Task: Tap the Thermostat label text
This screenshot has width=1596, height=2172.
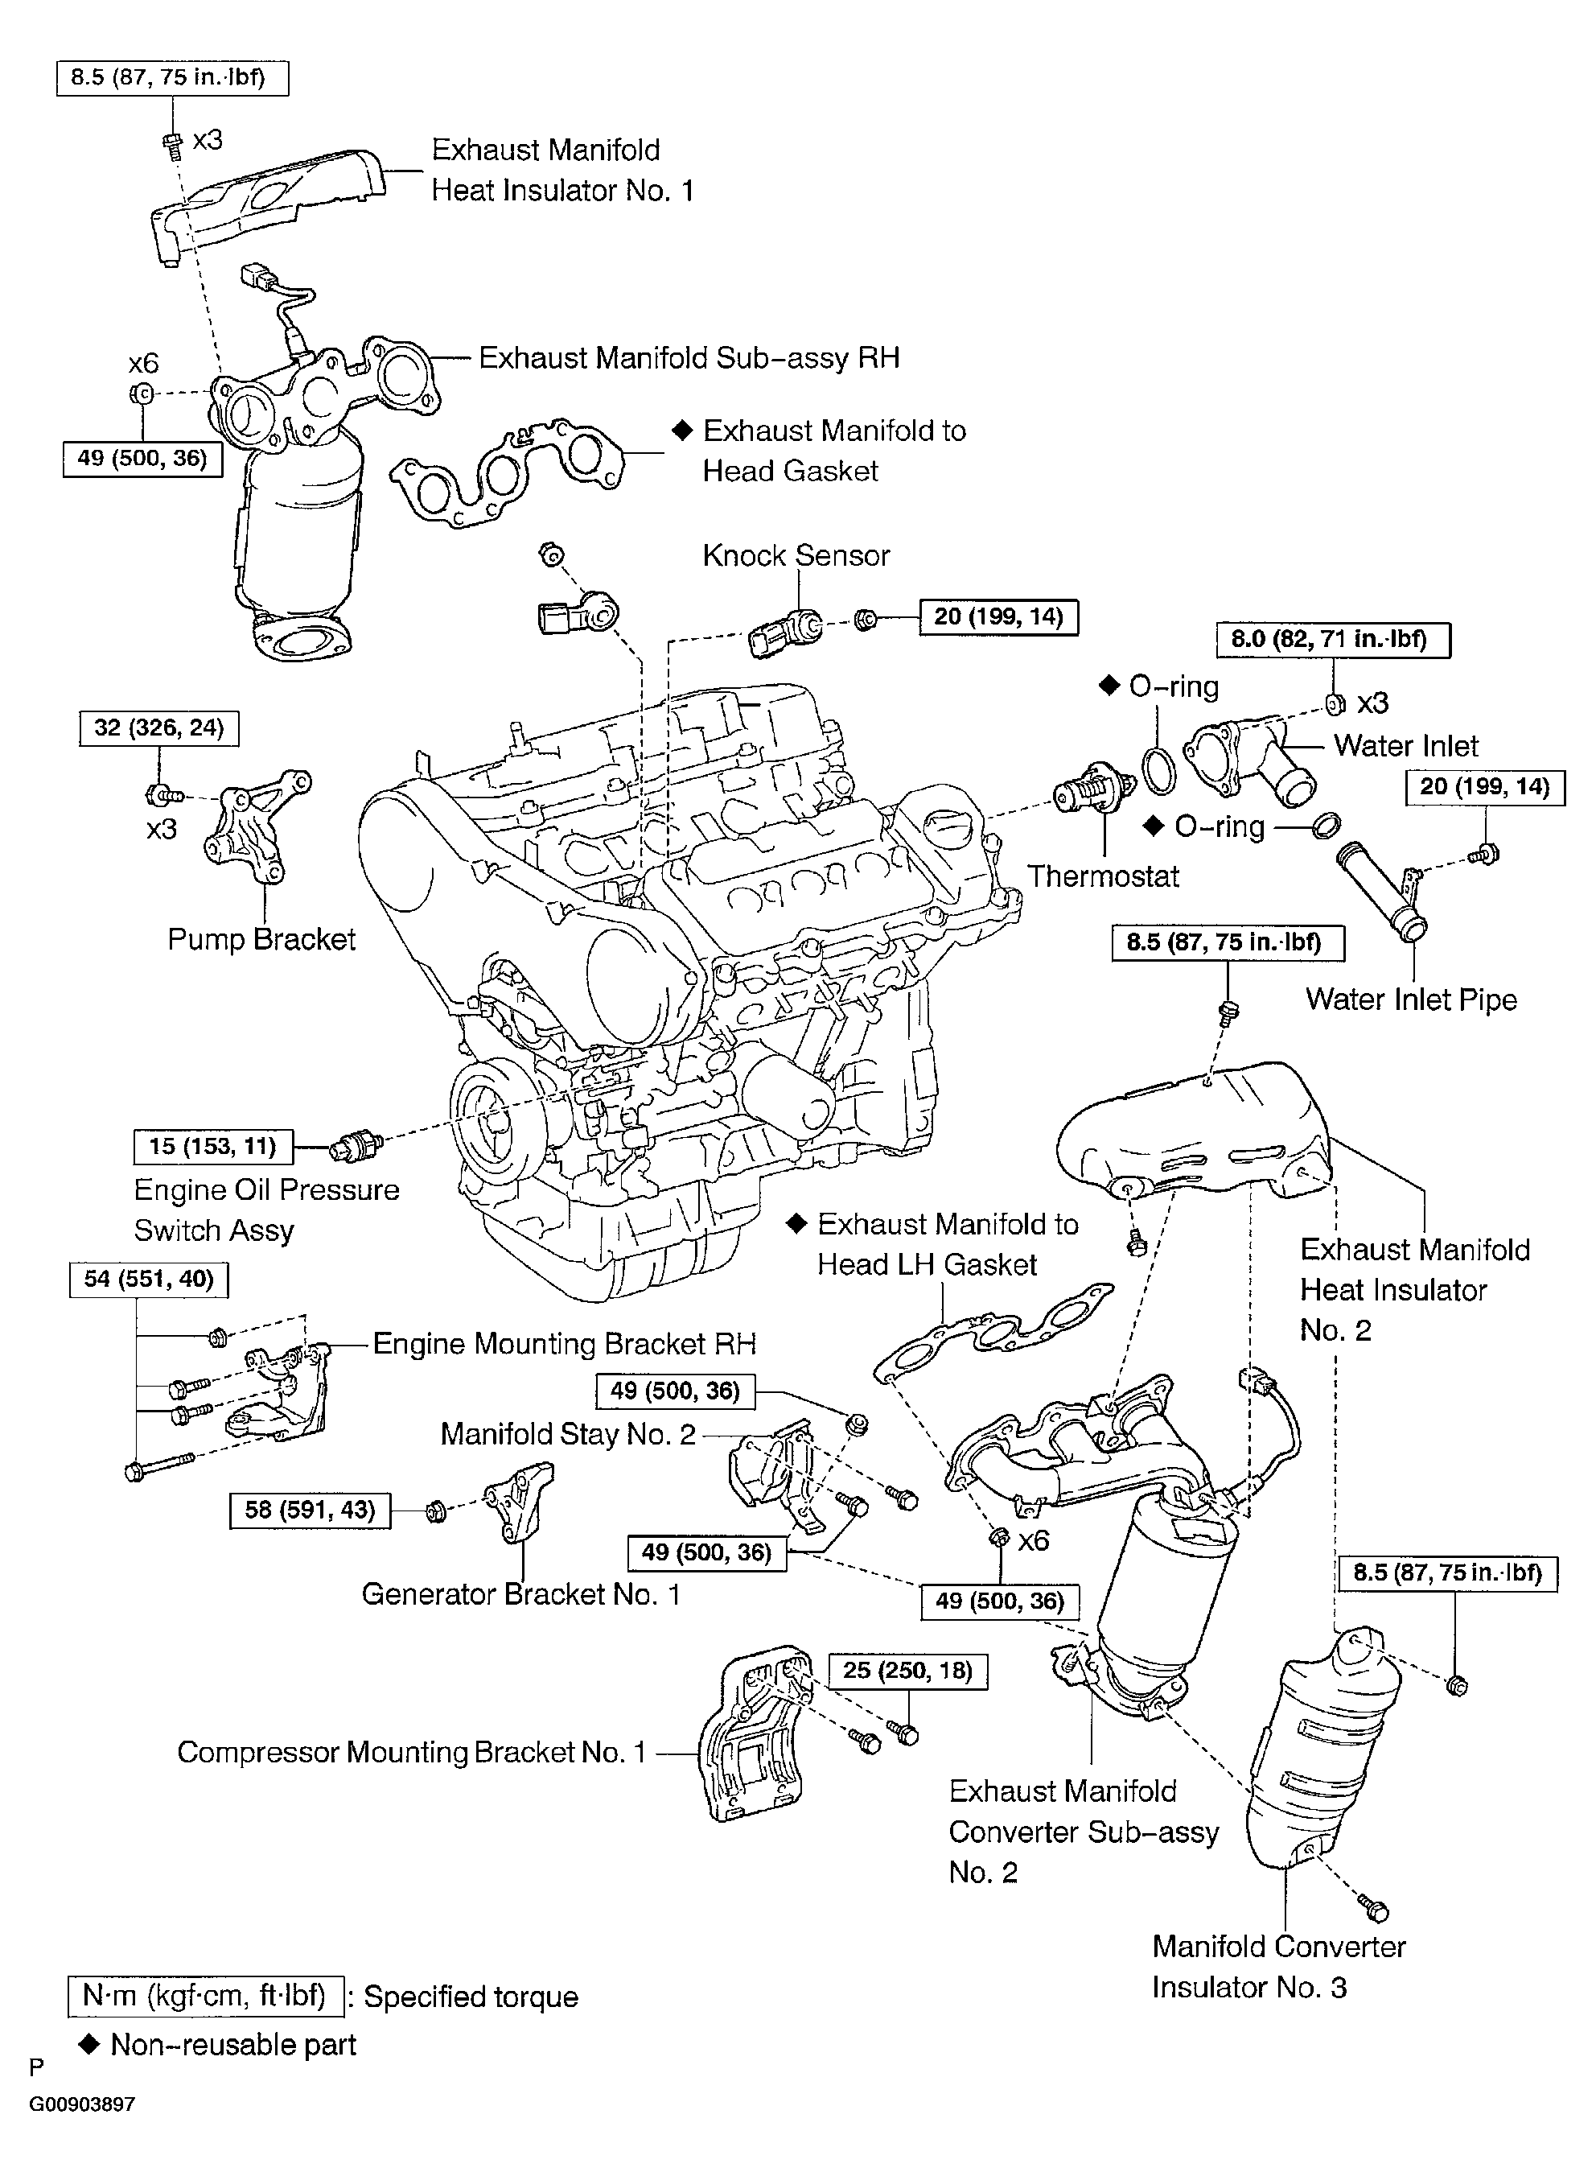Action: click(1102, 876)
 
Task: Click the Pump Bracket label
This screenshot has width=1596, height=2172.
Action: click(261, 939)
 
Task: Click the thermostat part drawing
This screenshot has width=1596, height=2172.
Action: click(1093, 794)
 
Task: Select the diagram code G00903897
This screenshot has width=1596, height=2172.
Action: click(82, 2104)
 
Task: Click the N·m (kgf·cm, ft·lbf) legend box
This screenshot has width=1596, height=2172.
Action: click(206, 1995)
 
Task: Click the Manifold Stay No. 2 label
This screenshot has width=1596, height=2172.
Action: click(568, 1435)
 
